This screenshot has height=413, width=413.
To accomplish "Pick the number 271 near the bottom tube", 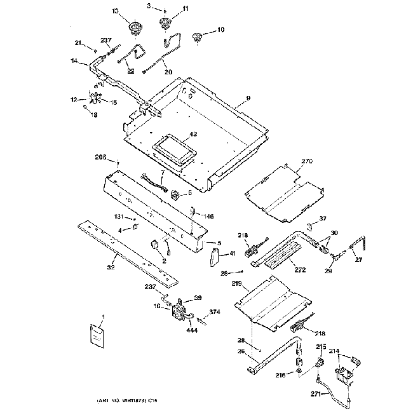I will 308,394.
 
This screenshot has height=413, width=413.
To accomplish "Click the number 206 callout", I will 101,157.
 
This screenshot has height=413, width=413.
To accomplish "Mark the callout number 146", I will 208,217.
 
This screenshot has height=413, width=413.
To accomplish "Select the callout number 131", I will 118,217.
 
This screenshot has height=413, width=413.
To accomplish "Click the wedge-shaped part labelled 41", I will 213,257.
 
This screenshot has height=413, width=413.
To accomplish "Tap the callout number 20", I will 168,72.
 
